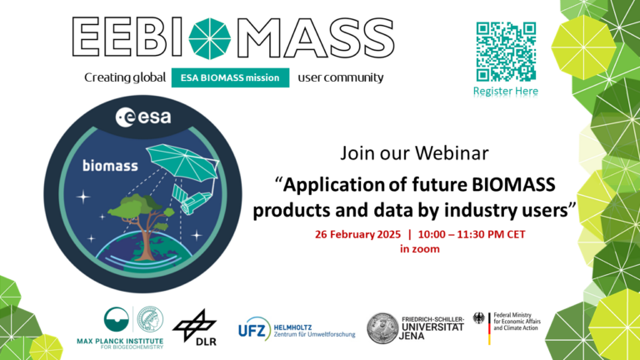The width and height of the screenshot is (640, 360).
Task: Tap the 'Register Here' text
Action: (x=506, y=91)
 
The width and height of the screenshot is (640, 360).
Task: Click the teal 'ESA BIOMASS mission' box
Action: (x=231, y=78)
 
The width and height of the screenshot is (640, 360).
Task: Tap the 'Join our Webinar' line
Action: (x=413, y=153)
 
